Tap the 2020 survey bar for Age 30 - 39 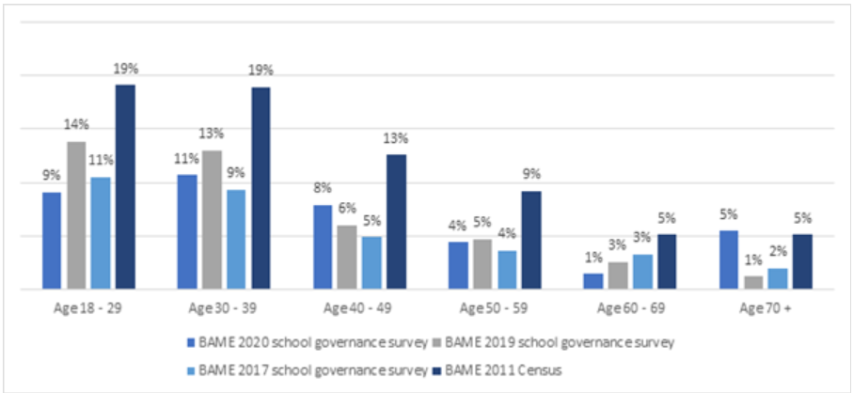click(187, 231)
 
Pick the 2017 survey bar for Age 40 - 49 click(371, 262)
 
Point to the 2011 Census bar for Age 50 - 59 click(531, 240)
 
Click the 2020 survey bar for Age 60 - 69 click(593, 281)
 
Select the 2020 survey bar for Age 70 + click(729, 259)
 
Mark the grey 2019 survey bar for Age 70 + click(753, 282)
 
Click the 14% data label click(76, 124)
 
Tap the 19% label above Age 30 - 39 click(261, 70)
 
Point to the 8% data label click(323, 188)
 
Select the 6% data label click(347, 209)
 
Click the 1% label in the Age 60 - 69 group click(593, 257)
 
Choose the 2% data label click(778, 251)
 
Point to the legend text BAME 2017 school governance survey click(310, 370)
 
